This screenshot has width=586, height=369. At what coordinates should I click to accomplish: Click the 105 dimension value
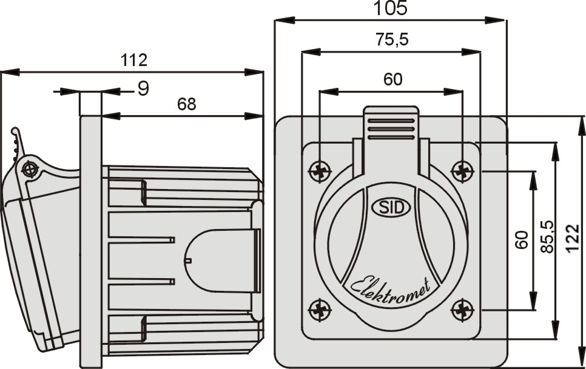point(390,8)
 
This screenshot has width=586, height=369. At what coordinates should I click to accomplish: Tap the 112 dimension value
point(133,60)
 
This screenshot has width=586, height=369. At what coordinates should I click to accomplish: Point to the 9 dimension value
point(143,89)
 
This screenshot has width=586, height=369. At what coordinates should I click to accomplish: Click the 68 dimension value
point(186,104)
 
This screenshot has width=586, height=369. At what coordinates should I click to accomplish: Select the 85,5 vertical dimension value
point(547,237)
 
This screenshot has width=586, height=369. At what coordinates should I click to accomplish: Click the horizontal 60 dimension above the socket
point(392,80)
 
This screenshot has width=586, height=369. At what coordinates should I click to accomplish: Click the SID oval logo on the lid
point(391,207)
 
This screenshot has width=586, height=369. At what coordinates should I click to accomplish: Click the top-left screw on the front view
point(319,171)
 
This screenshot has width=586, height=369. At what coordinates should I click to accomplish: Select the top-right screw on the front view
point(463,171)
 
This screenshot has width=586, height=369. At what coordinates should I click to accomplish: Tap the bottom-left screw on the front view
point(319,310)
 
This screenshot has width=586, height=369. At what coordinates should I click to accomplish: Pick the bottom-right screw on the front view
point(463,310)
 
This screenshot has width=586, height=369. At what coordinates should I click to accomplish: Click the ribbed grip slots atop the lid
point(391,129)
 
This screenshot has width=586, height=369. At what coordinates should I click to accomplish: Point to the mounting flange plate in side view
point(90,242)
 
